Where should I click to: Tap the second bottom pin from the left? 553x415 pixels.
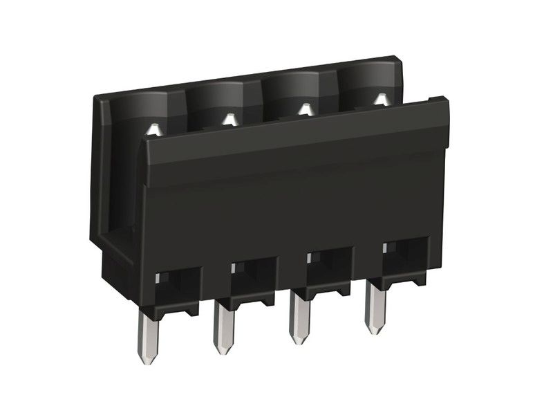tap(224, 328)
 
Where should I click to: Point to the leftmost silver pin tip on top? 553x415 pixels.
tap(155, 128)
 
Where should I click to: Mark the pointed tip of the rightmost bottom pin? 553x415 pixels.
tap(376, 330)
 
